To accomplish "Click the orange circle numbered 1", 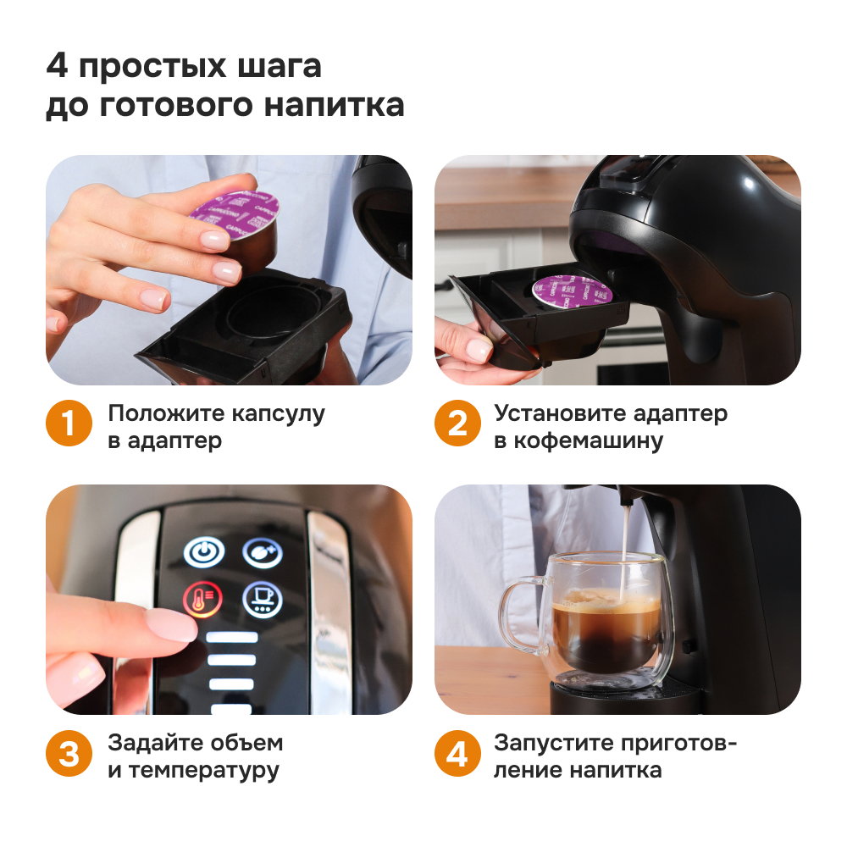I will (68, 424).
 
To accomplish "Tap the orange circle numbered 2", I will (457, 424).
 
